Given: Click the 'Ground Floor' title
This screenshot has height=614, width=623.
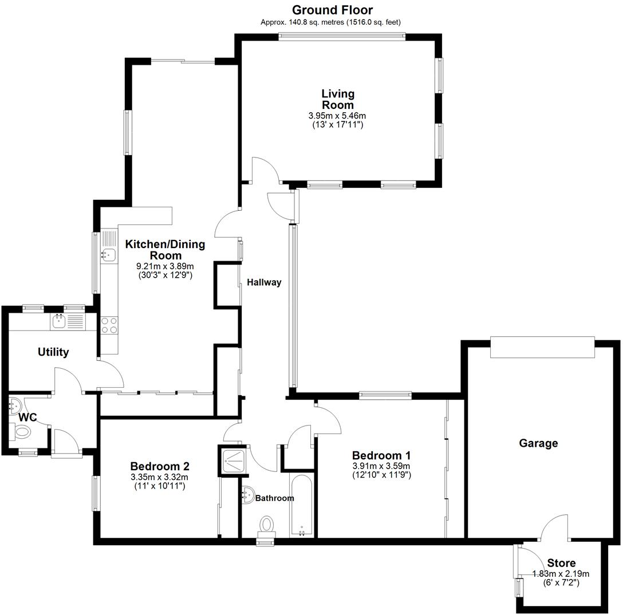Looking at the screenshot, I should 332,10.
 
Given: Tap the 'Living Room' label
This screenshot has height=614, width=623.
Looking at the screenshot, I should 337,99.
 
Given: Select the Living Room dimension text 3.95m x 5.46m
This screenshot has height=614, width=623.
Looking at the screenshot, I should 337,116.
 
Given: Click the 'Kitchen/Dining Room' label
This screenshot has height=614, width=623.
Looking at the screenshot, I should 165,250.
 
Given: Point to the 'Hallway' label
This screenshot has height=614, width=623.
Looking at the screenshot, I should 264,282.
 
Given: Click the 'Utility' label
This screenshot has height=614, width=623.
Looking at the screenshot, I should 53,352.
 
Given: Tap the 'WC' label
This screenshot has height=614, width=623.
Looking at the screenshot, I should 27,418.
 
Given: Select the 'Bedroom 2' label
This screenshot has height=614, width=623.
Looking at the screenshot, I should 159,466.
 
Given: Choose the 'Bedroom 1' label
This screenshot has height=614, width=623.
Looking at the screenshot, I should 381,455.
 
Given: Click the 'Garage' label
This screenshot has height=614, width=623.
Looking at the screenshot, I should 538,443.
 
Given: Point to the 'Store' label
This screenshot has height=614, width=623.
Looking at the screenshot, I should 561,563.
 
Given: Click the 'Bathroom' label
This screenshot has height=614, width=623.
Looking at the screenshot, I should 274,498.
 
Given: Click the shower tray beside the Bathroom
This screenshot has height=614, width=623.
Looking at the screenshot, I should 234,459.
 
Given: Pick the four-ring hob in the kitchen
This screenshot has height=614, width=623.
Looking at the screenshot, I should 109,325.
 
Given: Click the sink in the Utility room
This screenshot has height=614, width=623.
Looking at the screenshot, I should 59,321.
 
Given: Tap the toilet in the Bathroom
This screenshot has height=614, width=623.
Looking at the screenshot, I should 267,524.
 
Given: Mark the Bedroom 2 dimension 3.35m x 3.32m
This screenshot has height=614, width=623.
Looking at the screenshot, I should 159,477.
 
